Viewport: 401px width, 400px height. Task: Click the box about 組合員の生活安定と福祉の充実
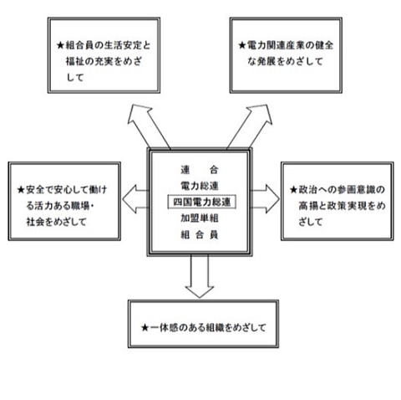coord(104,19)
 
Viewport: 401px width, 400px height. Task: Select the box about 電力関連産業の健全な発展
coord(286,19)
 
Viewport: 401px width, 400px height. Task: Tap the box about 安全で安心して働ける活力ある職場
coord(64,163)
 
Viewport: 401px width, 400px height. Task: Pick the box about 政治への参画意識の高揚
coord(338,163)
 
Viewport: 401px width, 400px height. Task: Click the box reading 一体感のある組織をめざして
coord(203,302)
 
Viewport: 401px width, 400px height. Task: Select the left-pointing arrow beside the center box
coord(135,199)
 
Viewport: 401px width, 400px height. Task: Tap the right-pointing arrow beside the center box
coord(266,199)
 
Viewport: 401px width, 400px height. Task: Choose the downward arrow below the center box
coord(200,276)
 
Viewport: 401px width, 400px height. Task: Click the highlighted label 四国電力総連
coord(202,202)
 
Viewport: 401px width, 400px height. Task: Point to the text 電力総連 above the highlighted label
coord(200,186)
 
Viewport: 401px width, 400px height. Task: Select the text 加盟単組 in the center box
coord(200,218)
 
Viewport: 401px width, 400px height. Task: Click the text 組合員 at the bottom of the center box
coord(200,235)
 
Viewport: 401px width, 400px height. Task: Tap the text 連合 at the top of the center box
coord(200,170)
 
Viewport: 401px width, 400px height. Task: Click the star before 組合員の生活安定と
coord(60,45)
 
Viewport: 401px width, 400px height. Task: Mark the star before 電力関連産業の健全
coord(242,45)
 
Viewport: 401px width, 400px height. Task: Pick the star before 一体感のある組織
coord(145,327)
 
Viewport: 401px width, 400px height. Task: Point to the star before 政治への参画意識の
coord(293,190)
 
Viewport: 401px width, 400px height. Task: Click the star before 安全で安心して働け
coord(21,190)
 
